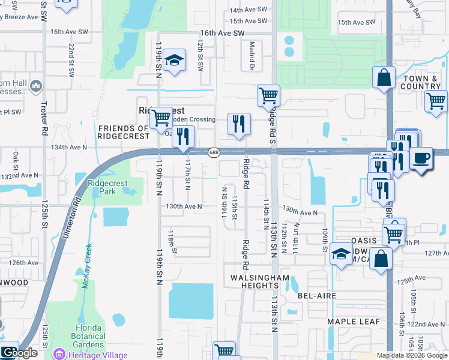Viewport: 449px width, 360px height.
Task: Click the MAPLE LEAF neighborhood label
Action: point(353,322)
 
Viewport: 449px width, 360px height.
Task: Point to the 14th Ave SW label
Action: point(249,10)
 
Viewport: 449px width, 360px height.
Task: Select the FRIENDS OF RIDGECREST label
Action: point(123,132)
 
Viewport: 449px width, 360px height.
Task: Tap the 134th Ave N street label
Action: point(68,146)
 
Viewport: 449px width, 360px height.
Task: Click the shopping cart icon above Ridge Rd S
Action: point(268,95)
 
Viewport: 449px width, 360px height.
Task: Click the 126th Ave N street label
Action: point(23,262)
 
